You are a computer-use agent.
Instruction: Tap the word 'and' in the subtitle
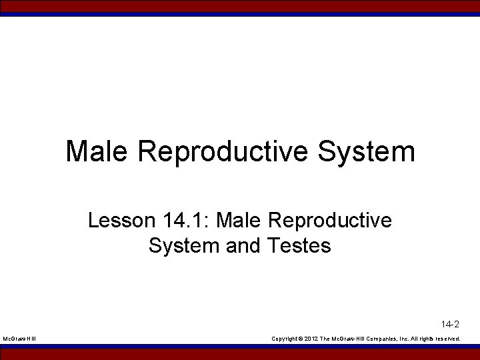[244, 246]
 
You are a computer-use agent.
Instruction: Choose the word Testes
[299, 246]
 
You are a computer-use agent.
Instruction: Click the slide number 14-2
[450, 325]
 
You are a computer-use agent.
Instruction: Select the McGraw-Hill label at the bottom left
[20, 339]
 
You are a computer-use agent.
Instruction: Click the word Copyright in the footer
[285, 339]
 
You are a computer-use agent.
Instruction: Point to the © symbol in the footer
[301, 339]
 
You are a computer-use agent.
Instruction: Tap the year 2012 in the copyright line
[311, 339]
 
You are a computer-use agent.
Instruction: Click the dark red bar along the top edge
[240, 5]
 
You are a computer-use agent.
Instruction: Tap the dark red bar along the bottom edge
[240, 355]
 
